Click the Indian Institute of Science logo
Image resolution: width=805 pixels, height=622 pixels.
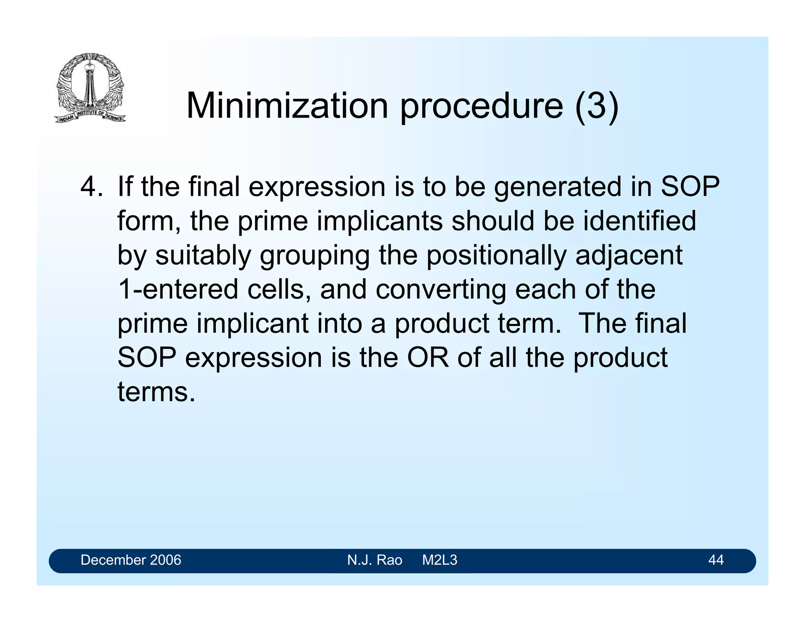(90, 88)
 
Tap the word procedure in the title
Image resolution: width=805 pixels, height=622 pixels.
(482, 106)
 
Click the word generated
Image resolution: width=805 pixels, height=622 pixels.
(558, 187)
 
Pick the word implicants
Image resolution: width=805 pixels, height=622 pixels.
(380, 221)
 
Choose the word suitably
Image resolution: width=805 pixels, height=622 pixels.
(203, 256)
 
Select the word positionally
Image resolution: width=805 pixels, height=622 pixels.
(496, 256)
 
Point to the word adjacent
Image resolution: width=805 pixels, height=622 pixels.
(629, 256)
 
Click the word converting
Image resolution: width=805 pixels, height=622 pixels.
(441, 290)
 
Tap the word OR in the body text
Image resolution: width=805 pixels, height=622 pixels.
(428, 357)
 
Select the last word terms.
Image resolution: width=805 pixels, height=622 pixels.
(156, 392)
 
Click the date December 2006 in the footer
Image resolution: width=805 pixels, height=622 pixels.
(131, 560)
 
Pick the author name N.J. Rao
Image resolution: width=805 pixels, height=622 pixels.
(375, 560)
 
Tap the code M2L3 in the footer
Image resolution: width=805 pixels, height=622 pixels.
(439, 560)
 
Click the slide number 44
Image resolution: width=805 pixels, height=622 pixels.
(716, 560)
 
